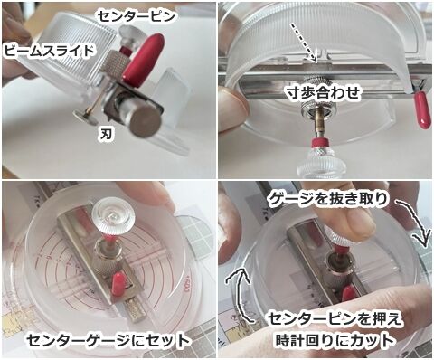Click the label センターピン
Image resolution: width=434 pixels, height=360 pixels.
tap(137, 16)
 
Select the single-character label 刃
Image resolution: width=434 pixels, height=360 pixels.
tap(106, 134)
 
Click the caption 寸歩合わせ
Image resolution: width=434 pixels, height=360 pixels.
tap(323, 93)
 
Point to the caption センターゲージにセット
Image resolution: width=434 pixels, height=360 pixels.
tap(108, 340)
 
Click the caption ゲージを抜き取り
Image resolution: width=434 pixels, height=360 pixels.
tap(327, 199)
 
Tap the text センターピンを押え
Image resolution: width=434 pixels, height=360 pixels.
tap(335, 319)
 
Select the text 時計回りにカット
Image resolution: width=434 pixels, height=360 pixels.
tap(335, 340)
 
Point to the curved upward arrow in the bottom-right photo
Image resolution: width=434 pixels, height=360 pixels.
tap(240, 291)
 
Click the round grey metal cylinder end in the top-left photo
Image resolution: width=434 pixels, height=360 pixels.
tap(146, 120)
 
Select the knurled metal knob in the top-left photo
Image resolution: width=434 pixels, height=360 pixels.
tap(117, 65)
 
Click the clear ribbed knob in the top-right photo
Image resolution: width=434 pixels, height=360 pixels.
tap(319, 162)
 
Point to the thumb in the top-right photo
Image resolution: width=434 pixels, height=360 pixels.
tap(231, 101)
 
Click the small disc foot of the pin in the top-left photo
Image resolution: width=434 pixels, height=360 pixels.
tap(82, 116)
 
